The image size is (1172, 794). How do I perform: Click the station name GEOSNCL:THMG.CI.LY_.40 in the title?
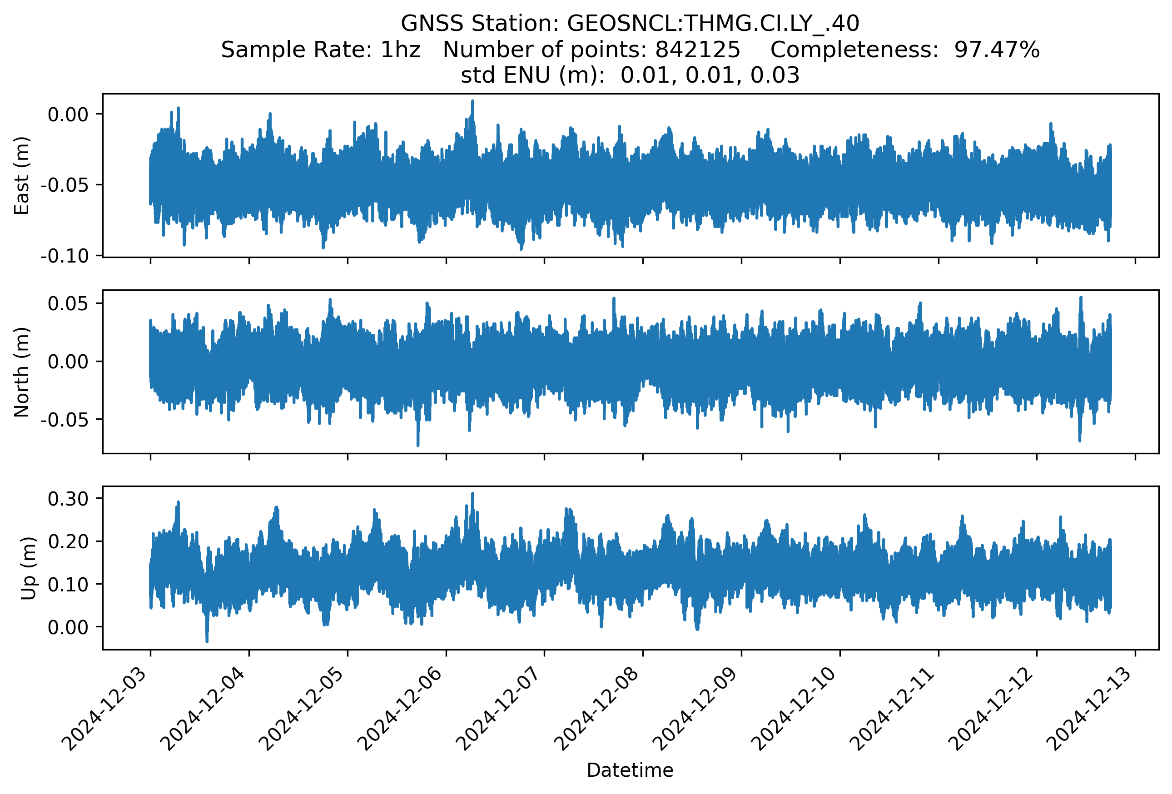point(713,23)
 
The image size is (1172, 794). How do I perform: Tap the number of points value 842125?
point(697,50)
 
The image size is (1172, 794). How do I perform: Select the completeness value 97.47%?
point(997,50)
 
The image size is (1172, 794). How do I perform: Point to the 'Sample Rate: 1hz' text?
point(320,50)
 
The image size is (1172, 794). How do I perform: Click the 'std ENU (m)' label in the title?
point(532,75)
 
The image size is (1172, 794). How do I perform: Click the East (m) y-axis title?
point(22,175)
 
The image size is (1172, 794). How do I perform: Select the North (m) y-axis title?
point(22,372)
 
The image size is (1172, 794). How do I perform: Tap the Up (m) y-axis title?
point(28,568)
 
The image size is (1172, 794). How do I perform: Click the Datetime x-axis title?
point(630,770)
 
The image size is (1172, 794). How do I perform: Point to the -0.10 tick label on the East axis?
point(65,256)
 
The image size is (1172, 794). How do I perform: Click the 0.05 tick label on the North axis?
point(68,303)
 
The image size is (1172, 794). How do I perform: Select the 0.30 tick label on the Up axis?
point(68,499)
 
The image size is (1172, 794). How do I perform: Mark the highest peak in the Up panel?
point(472,494)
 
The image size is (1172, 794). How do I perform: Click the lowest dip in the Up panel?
point(207,641)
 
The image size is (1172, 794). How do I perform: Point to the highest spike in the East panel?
point(472,101)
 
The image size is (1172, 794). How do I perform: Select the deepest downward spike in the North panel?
point(417,445)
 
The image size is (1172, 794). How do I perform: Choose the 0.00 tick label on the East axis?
point(68,114)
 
